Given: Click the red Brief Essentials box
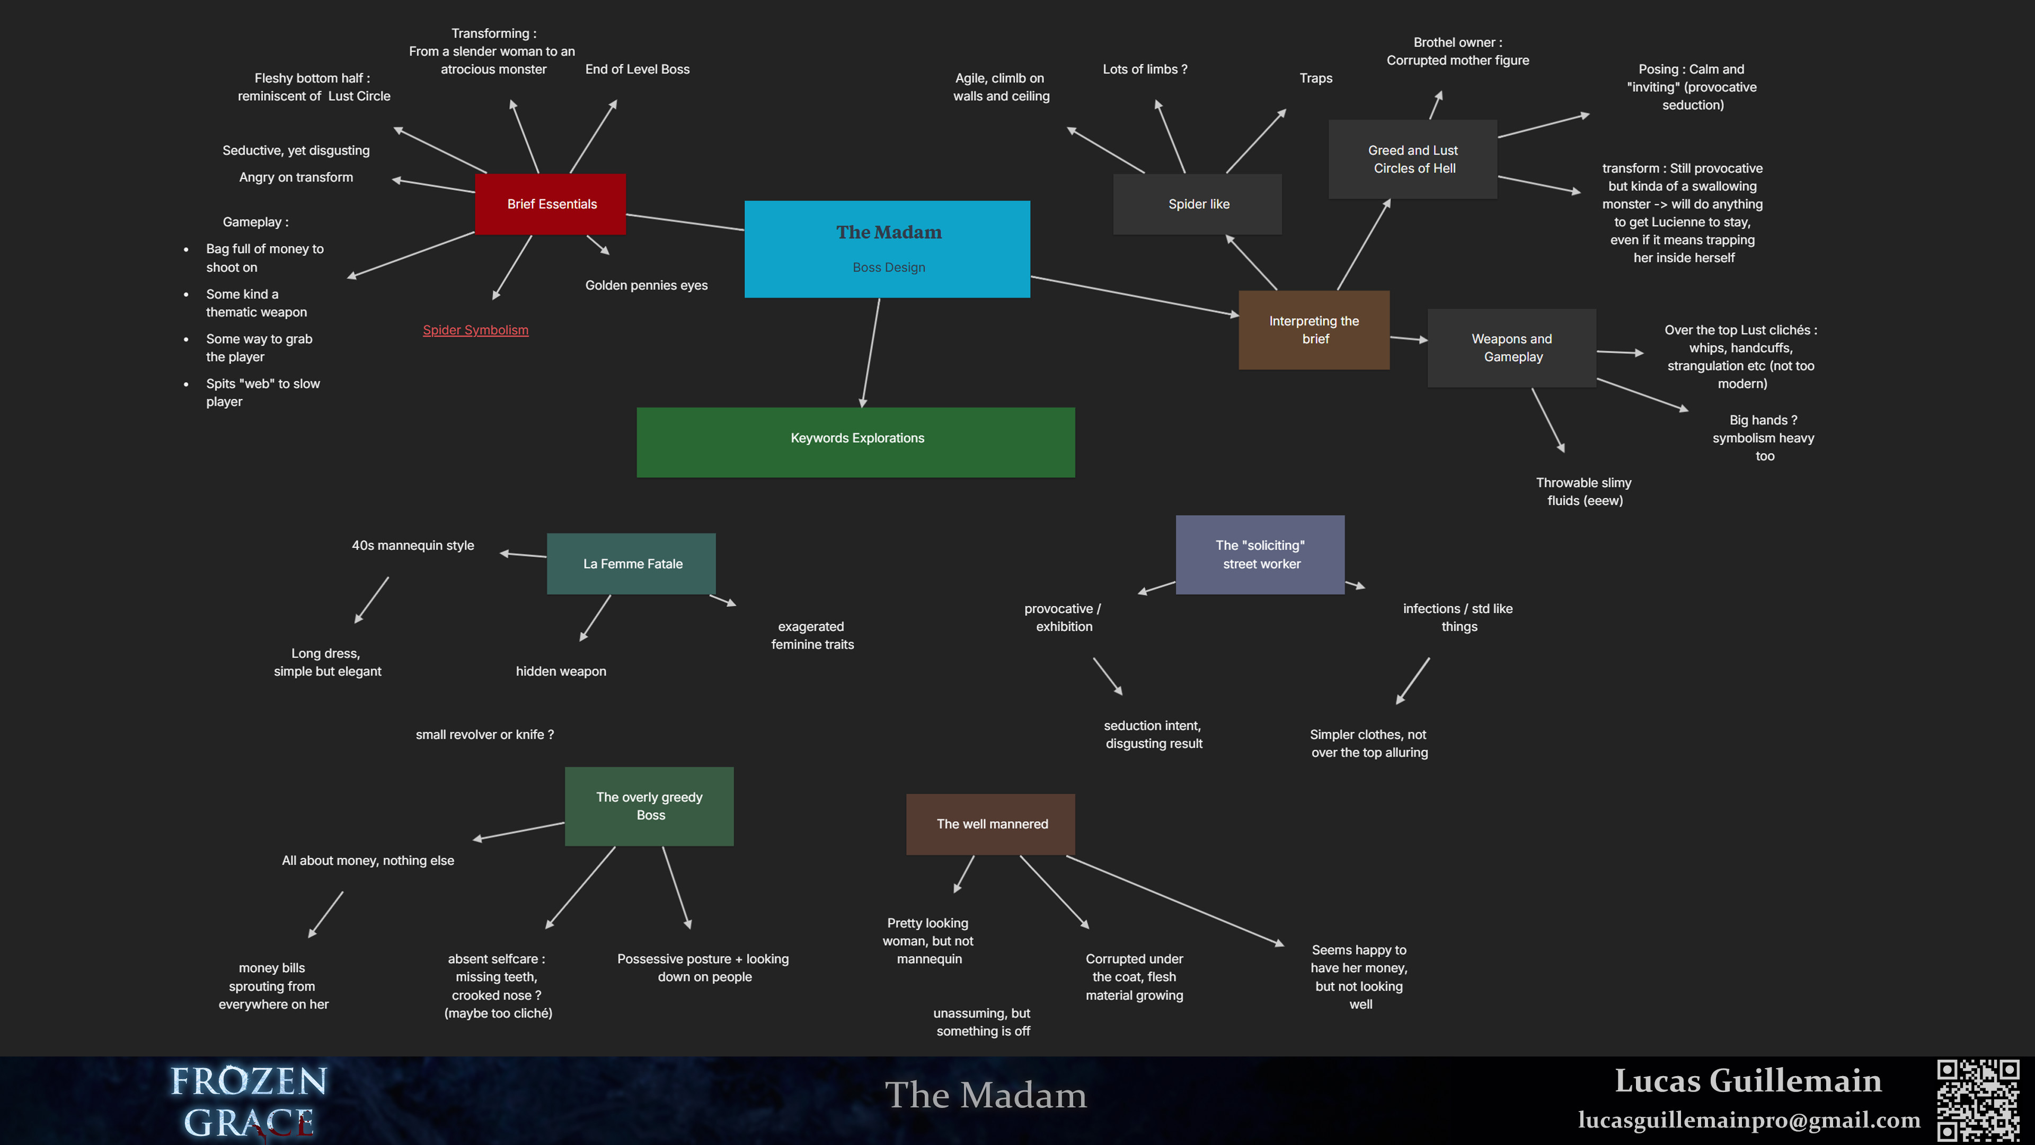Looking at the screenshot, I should point(551,204).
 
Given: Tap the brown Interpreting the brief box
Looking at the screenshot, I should point(1314,330).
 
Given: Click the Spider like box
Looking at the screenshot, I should point(1198,204).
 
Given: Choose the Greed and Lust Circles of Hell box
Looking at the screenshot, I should point(1412,159).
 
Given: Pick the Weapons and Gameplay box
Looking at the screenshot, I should point(1511,348).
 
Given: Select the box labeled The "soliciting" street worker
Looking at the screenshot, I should point(1260,554).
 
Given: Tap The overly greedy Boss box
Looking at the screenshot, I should point(649,806).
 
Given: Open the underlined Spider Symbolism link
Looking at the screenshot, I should point(475,330).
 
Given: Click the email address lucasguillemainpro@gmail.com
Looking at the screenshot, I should point(1748,1120).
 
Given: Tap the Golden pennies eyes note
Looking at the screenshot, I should point(646,285).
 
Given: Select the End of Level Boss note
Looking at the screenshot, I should point(636,69).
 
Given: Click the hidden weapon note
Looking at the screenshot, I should point(561,672).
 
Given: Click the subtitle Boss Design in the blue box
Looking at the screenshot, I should point(889,268).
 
